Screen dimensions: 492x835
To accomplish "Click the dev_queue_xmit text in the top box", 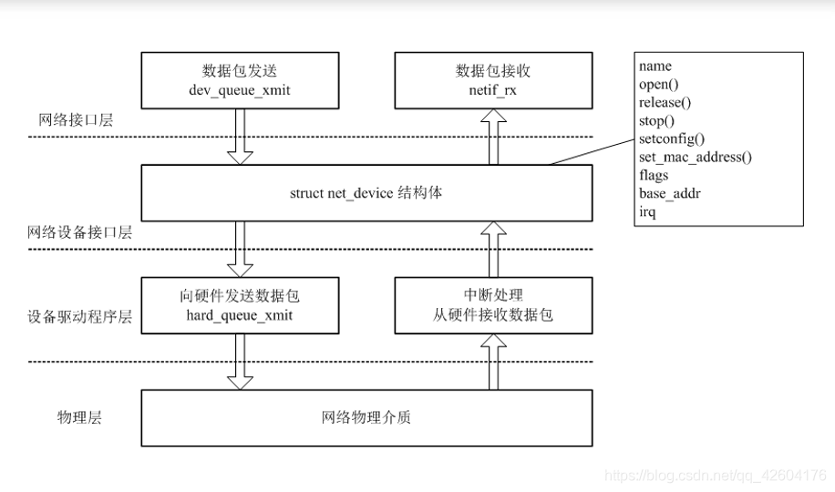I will coord(240,89).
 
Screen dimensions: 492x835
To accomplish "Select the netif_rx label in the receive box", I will coord(493,89).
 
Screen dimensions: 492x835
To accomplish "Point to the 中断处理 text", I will coord(493,295).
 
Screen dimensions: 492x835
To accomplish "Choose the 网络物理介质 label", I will coord(366,418).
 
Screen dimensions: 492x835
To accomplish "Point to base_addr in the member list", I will coord(669,193).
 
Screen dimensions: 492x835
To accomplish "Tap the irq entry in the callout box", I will coord(647,211).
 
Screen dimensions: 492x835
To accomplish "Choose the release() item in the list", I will coord(665,102).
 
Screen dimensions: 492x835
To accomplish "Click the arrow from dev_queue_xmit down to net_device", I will coord(240,135).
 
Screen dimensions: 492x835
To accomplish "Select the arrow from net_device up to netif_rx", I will coord(493,136).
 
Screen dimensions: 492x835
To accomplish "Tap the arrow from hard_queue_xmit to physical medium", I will coord(240,361).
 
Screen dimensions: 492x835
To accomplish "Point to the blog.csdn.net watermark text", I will coord(716,476).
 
